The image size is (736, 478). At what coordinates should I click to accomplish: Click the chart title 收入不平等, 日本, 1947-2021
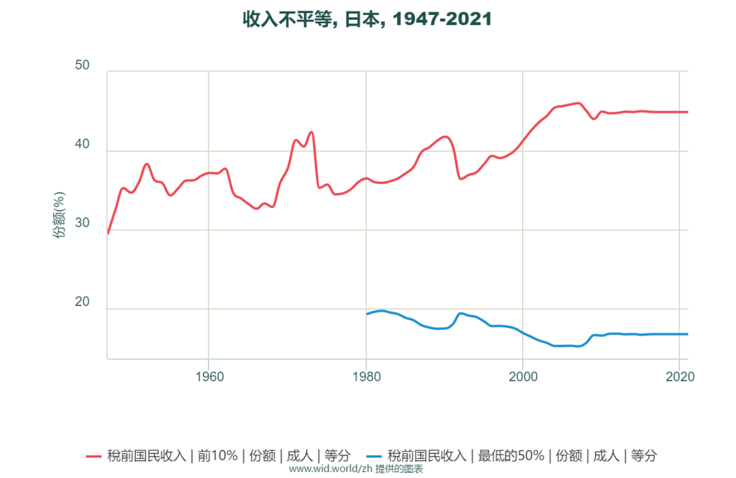pos(367,20)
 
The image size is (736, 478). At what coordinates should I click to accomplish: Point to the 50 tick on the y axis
pos(82,65)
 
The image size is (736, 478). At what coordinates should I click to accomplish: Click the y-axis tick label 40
pos(82,145)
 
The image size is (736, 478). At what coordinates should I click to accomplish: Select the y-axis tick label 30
pos(82,224)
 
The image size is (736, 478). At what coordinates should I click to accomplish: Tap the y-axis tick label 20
pos(82,303)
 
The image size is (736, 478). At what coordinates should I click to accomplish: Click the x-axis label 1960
pos(209,376)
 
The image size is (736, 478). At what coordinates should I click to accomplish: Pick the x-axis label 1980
pos(366,376)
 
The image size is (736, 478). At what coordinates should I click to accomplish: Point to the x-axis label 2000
pos(523,376)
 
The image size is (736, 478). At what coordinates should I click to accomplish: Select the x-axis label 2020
pos(679,376)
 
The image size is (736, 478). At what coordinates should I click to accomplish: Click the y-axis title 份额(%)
pos(60,215)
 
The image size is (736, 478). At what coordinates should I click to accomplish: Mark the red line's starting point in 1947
pos(108,233)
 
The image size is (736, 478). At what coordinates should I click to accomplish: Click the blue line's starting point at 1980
pos(367,314)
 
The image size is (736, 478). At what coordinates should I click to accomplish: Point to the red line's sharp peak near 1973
pos(311,132)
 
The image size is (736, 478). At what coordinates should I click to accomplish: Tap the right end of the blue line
pos(688,334)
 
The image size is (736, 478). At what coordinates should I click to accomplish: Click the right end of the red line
pos(688,112)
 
